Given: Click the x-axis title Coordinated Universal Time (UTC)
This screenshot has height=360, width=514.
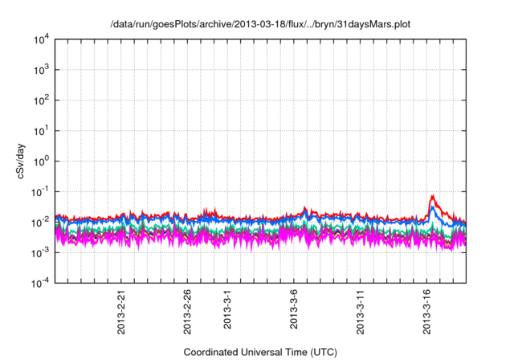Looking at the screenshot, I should pyautogui.click(x=260, y=352).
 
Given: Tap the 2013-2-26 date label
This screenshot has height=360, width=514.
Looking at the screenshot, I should pyautogui.click(x=187, y=313).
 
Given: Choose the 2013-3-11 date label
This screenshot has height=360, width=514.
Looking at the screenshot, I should pyautogui.click(x=359, y=313).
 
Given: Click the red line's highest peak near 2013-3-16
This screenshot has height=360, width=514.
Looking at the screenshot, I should pyautogui.click(x=434, y=195).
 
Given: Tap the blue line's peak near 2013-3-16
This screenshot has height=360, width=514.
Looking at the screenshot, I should pyautogui.click(x=433, y=207).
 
